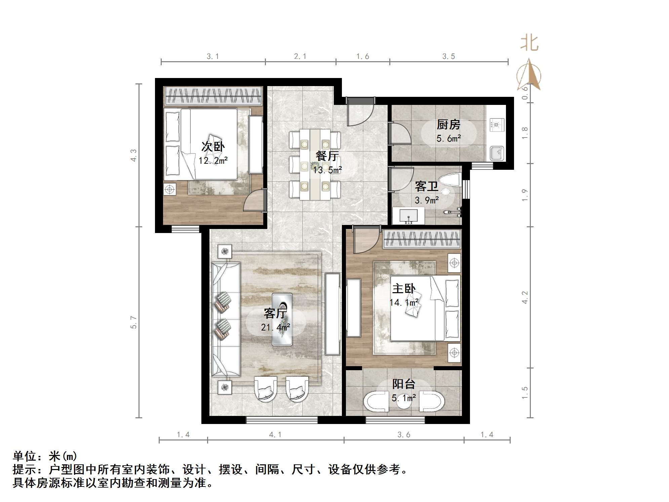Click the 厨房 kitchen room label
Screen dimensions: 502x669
pyautogui.click(x=448, y=125)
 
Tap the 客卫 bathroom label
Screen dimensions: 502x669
pyautogui.click(x=426, y=186)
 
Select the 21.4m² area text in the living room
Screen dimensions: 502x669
pyautogui.click(x=275, y=327)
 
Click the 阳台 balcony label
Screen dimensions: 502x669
pyautogui.click(x=404, y=384)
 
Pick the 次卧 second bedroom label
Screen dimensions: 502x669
pyautogui.click(x=213, y=147)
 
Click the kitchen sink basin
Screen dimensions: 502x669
pyautogui.click(x=497, y=153)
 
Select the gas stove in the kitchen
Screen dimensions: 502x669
pyautogui.click(x=497, y=125)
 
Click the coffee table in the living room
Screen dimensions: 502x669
pyautogui.click(x=282, y=319)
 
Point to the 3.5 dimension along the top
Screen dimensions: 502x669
pyautogui.click(x=448, y=56)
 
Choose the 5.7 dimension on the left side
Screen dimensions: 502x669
pyautogui.click(x=134, y=322)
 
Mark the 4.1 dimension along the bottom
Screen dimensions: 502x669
pyautogui.click(x=275, y=435)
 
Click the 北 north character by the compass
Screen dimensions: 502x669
pyautogui.click(x=529, y=43)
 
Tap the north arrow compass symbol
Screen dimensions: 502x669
pyautogui.click(x=529, y=75)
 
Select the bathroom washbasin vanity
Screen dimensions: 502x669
pyautogui.click(x=408, y=216)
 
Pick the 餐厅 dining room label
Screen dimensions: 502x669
pyautogui.click(x=327, y=156)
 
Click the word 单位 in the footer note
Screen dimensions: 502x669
pyautogui.click(x=25, y=456)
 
